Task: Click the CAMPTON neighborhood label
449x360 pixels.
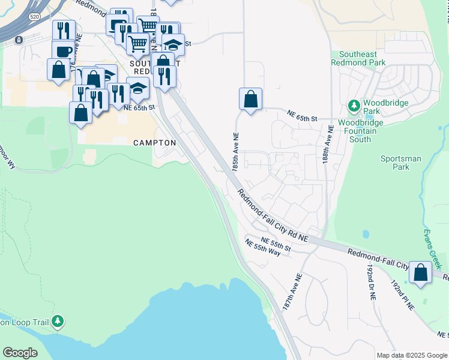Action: click(154, 143)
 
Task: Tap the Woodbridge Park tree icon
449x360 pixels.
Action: click(354, 106)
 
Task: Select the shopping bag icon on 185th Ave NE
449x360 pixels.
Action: click(250, 99)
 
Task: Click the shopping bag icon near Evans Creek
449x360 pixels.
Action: click(421, 273)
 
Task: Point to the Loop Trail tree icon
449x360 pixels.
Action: click(58, 322)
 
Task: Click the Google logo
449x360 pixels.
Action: click(20, 353)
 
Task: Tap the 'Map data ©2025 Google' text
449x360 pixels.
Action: click(412, 355)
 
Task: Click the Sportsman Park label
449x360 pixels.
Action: click(401, 163)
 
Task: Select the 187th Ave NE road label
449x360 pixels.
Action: click(293, 290)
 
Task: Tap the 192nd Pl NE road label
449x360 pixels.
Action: click(402, 294)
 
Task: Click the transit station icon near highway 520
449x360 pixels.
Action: click(19, 40)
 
